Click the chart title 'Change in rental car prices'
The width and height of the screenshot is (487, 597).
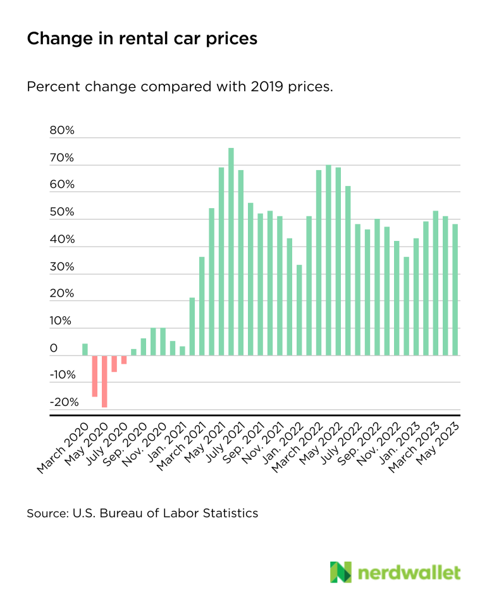[142, 39]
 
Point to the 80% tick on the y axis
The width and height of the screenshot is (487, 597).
[62, 131]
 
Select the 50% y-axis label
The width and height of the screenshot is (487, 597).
[62, 212]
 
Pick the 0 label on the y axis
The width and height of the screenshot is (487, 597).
[54, 348]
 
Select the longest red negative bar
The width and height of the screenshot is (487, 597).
[104, 381]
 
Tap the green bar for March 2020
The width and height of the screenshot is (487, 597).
[85, 349]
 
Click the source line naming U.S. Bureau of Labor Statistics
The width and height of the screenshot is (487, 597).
[142, 513]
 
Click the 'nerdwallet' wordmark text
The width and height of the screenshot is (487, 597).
[410, 572]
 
